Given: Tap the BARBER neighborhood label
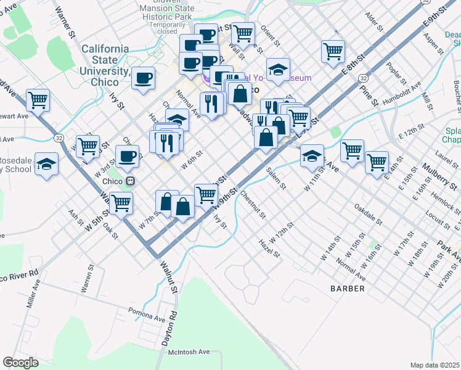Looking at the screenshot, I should click(347, 288).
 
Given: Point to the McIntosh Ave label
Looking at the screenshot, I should click(189, 351).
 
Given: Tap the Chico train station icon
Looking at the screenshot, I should click(130, 181).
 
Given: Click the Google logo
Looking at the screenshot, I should click(20, 363).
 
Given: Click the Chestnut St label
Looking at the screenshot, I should click(253, 205).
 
